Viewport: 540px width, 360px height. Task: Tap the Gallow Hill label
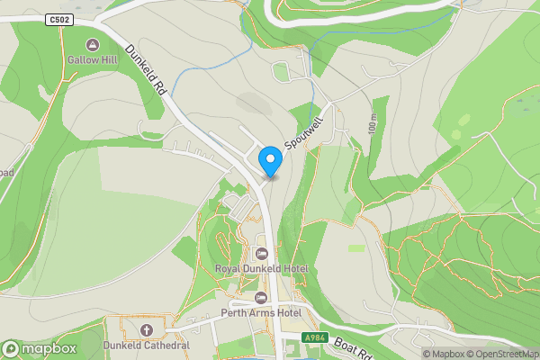click(93, 60)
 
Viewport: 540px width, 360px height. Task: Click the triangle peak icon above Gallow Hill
click(92, 44)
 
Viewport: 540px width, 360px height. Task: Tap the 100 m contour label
click(373, 125)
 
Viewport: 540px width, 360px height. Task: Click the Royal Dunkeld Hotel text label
click(261, 268)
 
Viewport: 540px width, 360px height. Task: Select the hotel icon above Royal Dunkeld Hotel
click(261, 253)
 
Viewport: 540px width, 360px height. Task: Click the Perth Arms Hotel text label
click(261, 313)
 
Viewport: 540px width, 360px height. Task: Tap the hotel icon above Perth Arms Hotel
click(261, 298)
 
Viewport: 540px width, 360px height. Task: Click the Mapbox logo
click(40, 349)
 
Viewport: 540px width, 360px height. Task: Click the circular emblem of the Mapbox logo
click(12, 349)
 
